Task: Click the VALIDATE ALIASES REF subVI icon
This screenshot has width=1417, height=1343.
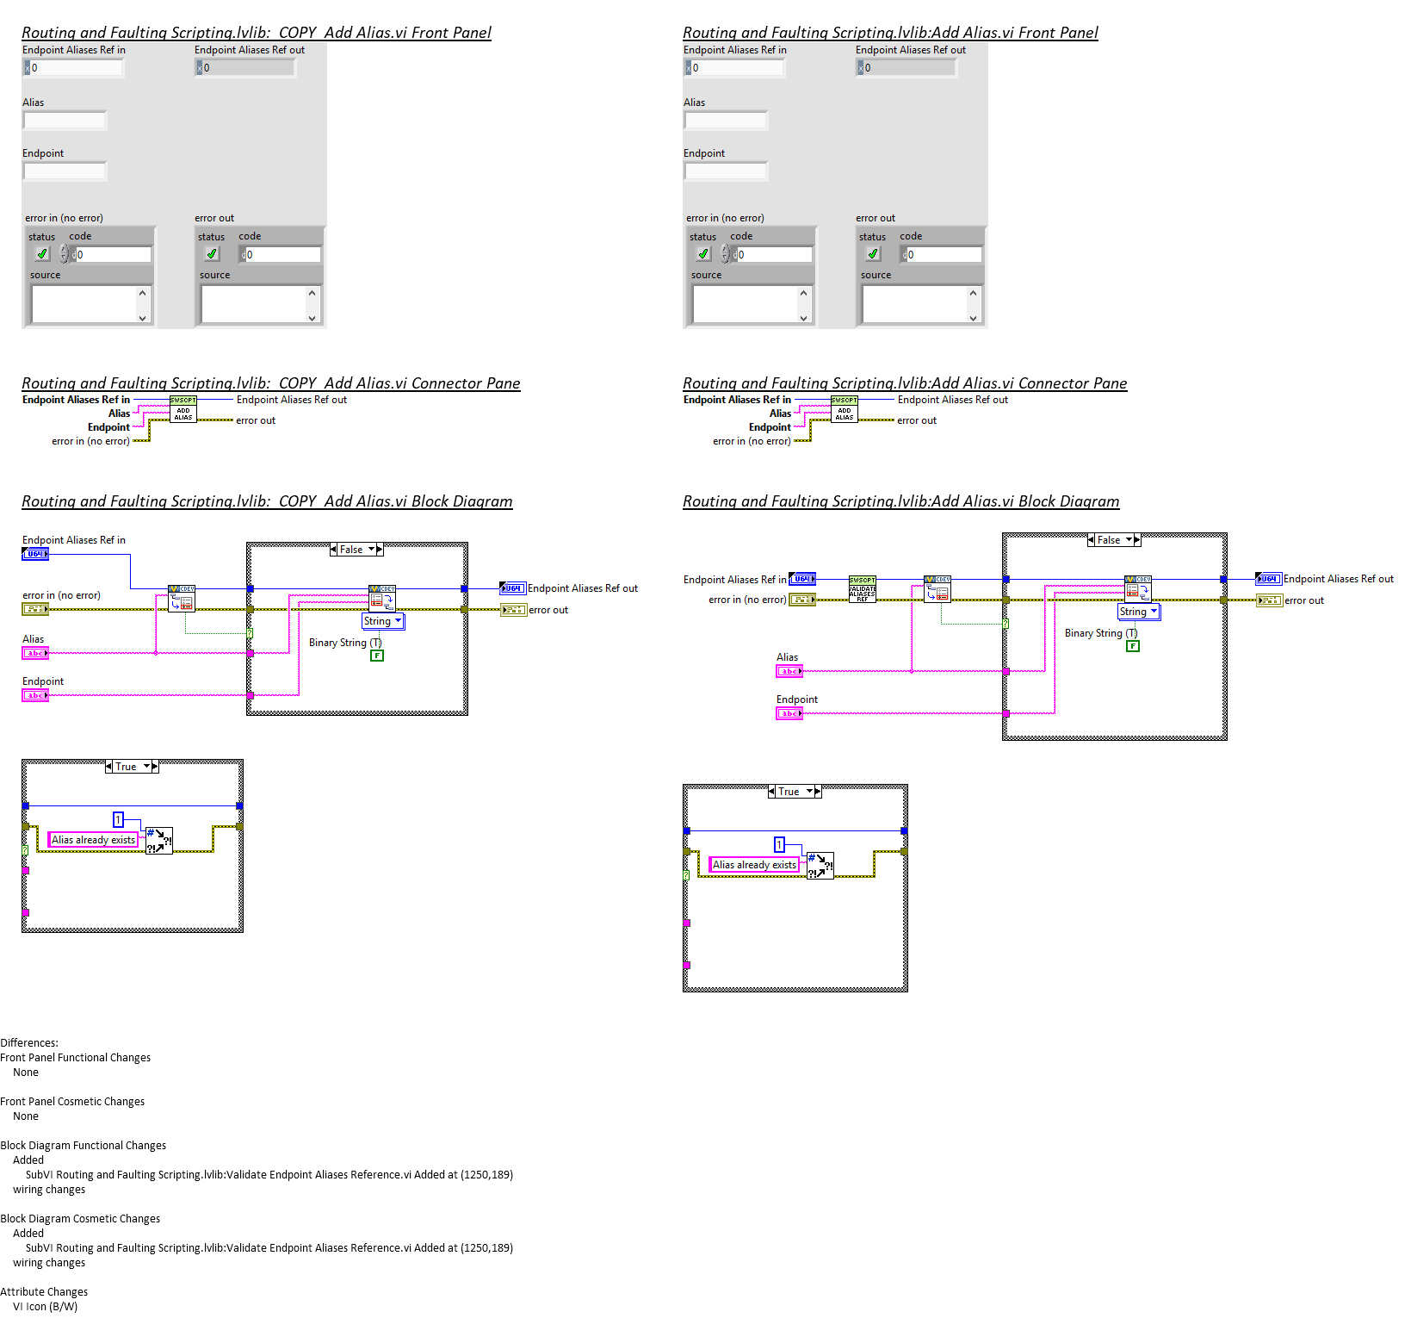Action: pos(862,589)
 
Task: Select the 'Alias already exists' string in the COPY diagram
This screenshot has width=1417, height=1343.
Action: pos(93,840)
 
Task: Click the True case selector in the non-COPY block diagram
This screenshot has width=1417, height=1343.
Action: pos(794,792)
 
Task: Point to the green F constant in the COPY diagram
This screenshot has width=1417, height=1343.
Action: pos(377,656)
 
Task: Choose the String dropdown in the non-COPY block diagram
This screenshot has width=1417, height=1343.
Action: pos(1139,612)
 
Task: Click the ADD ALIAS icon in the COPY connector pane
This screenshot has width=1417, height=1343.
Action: pos(183,409)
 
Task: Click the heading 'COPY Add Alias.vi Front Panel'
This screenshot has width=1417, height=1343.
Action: pos(257,33)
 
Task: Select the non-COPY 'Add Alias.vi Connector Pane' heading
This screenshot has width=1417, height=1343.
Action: pos(905,383)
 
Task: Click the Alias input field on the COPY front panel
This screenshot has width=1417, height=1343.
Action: pos(65,121)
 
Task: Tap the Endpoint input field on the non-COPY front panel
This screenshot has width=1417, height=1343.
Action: pos(726,171)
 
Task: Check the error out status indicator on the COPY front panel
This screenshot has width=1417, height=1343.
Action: pos(212,254)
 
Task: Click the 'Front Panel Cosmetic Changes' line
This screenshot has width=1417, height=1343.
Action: pos(72,1102)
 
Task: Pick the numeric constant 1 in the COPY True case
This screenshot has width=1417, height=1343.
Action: pos(119,820)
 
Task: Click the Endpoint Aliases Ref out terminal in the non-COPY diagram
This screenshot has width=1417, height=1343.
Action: pos(1268,579)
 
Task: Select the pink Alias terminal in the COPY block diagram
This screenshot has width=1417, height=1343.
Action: pos(35,653)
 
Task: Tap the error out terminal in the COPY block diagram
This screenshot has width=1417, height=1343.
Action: pos(513,610)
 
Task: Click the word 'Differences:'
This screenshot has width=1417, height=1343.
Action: pos(29,1043)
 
